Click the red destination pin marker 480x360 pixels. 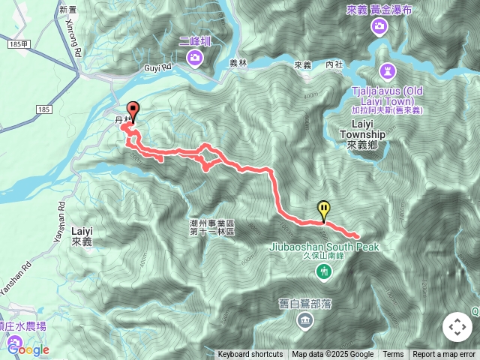pos(133,109)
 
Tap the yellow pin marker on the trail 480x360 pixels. pos(323,208)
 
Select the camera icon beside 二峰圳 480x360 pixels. pos(194,57)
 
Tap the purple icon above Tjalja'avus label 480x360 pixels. pos(387,72)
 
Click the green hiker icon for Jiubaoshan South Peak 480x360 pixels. pos(324,270)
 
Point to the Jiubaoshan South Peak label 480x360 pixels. pos(325,247)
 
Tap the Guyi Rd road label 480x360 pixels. pos(157,67)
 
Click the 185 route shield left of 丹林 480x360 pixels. pos(43,110)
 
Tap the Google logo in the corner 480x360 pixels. pos(28,349)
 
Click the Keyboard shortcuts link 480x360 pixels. pos(250,355)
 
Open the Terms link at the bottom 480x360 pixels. pos(393,355)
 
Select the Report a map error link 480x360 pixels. pos(444,355)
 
